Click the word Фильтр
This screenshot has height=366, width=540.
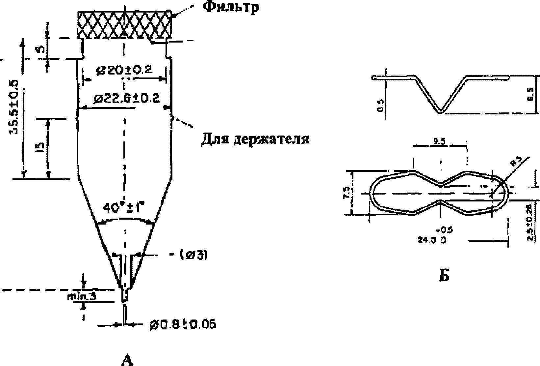point(231,7)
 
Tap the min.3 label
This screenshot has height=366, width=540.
point(82,296)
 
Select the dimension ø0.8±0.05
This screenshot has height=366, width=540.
point(182,325)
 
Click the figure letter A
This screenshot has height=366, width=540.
point(127,359)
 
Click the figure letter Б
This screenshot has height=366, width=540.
point(444,276)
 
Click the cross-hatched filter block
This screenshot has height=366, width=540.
point(124,25)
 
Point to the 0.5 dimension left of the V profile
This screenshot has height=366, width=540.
point(380,107)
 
